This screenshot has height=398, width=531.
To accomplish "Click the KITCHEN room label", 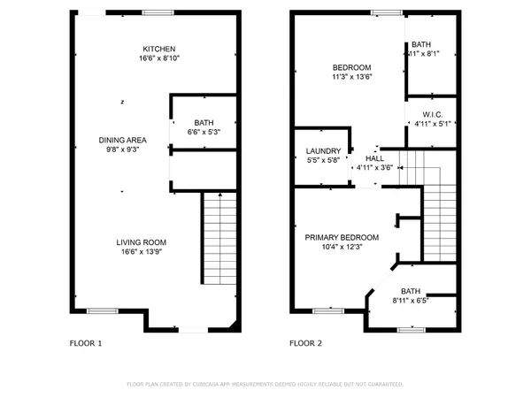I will (160, 49).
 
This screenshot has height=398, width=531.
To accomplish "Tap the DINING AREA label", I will (122, 140).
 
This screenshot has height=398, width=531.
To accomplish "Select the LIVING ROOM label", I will (142, 242).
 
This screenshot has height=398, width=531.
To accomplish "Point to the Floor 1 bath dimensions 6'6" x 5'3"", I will (204, 132).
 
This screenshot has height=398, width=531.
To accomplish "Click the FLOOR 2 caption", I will (307, 342).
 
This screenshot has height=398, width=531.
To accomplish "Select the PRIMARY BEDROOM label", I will (342, 237).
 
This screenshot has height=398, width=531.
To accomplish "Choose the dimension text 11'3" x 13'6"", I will (351, 77).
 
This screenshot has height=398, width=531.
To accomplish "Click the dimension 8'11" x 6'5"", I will (410, 301).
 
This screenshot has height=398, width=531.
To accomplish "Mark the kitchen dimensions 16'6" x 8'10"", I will (160, 58).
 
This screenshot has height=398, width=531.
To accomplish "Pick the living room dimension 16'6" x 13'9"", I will (142, 252).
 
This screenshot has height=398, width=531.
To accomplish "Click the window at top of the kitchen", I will (158, 11).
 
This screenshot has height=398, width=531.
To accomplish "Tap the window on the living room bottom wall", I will (102, 310).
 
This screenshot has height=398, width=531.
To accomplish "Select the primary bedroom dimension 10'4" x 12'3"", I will (342, 248).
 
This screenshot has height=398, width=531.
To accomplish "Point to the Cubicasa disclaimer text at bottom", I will (265, 385).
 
